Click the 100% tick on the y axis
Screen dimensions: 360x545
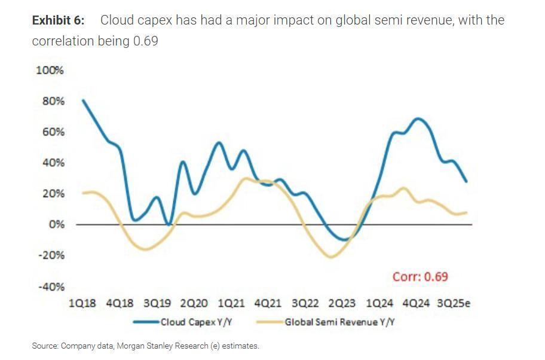pyautogui.click(x=50, y=70)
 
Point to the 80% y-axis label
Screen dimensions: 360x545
pyautogui.click(x=53, y=101)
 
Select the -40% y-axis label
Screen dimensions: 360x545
pyautogui.click(x=51, y=286)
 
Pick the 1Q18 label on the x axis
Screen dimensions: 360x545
pyautogui.click(x=82, y=303)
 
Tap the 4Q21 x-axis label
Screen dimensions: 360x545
pyautogui.click(x=268, y=303)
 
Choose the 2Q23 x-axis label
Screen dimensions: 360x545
pyautogui.click(x=342, y=303)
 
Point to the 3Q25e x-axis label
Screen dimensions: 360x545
pyautogui.click(x=454, y=303)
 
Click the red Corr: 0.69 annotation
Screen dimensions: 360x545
pyautogui.click(x=420, y=276)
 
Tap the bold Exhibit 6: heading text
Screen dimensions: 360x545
pyautogui.click(x=58, y=20)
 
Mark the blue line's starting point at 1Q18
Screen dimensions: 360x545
pyautogui.click(x=82, y=100)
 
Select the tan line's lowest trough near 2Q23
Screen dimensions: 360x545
pyautogui.click(x=332, y=257)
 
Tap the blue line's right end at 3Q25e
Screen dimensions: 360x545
pyautogui.click(x=466, y=181)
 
